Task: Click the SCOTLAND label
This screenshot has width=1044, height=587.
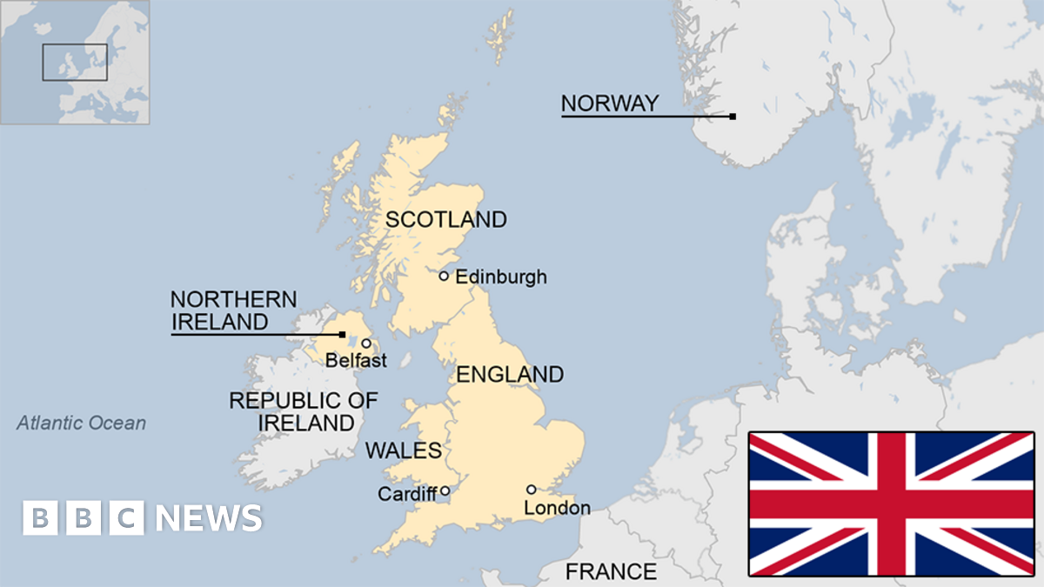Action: click(x=445, y=220)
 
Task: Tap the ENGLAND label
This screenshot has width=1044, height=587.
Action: click(x=510, y=375)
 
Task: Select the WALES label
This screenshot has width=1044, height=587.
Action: click(x=404, y=450)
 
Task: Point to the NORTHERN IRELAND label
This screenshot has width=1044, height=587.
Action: click(x=233, y=310)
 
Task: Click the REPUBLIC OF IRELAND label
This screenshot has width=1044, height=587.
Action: click(x=304, y=412)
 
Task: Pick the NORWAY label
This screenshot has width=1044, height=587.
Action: click(x=609, y=103)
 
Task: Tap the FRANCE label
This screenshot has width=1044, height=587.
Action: click(x=611, y=571)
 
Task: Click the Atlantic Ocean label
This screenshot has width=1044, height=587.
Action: click(x=82, y=424)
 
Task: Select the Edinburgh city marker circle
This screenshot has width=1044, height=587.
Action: click(x=444, y=276)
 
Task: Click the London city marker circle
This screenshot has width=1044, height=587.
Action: click(x=531, y=489)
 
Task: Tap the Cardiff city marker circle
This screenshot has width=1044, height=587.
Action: click(x=445, y=490)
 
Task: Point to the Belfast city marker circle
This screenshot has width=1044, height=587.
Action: click(x=366, y=344)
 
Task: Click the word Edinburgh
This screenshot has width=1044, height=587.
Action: click(x=501, y=277)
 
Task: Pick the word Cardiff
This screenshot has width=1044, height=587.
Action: click(x=406, y=494)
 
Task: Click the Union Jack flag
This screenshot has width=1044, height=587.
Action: click(x=891, y=504)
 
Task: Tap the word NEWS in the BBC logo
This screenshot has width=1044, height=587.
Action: click(x=209, y=518)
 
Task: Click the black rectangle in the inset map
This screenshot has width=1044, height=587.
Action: click(x=75, y=62)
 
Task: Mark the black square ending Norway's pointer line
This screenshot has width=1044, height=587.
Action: click(x=733, y=117)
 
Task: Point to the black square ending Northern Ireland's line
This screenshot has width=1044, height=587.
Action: click(x=342, y=334)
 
